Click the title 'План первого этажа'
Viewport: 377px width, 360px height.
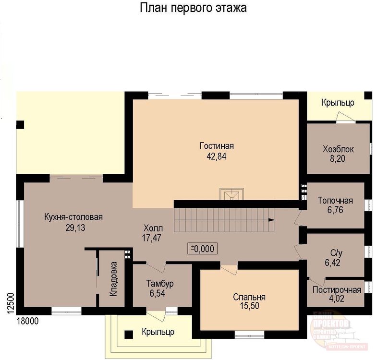click(194, 9)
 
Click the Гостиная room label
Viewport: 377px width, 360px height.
click(217, 146)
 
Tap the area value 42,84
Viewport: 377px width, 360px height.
click(217, 156)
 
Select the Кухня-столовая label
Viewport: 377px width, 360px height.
click(73, 217)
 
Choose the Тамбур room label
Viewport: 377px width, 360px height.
click(160, 283)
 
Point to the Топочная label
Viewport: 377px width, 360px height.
click(335, 200)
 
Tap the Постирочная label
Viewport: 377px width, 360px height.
click(336, 289)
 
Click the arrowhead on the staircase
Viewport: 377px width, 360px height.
click(272, 220)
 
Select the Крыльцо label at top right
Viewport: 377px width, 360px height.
click(338, 102)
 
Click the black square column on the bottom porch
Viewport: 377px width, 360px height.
click(129, 334)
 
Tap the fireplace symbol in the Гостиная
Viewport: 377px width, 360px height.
click(231, 194)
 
